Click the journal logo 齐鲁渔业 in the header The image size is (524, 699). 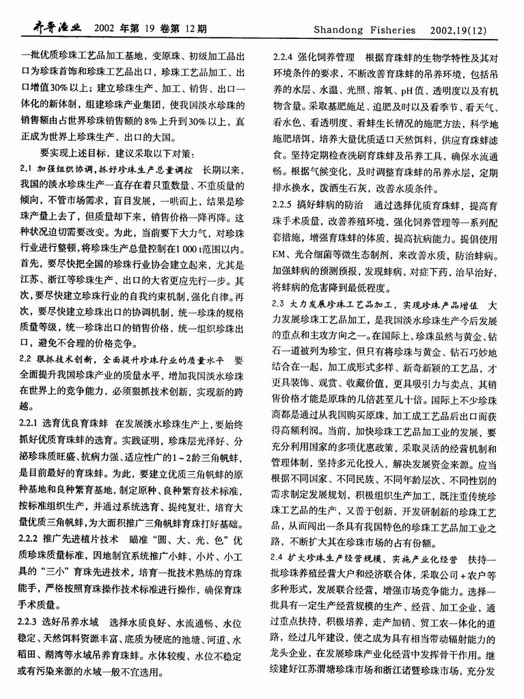tap(52, 29)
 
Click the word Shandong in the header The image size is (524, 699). tap(342, 29)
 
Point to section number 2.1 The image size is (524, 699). tap(27, 168)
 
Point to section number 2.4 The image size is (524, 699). tap(280, 557)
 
